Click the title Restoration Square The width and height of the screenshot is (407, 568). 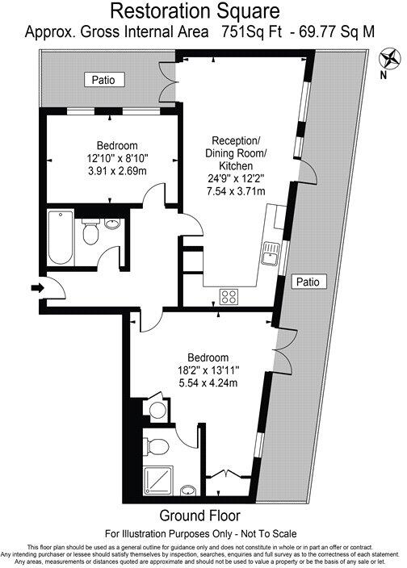195,11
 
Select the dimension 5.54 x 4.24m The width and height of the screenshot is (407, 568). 208,384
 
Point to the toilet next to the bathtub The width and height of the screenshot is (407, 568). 90,234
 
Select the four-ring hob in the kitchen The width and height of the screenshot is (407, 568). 229,294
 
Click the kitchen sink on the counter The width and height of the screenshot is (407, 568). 269,256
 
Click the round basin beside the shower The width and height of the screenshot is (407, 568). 189,491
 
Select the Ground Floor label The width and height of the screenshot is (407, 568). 199,515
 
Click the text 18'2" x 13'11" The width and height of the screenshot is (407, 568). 208,371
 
